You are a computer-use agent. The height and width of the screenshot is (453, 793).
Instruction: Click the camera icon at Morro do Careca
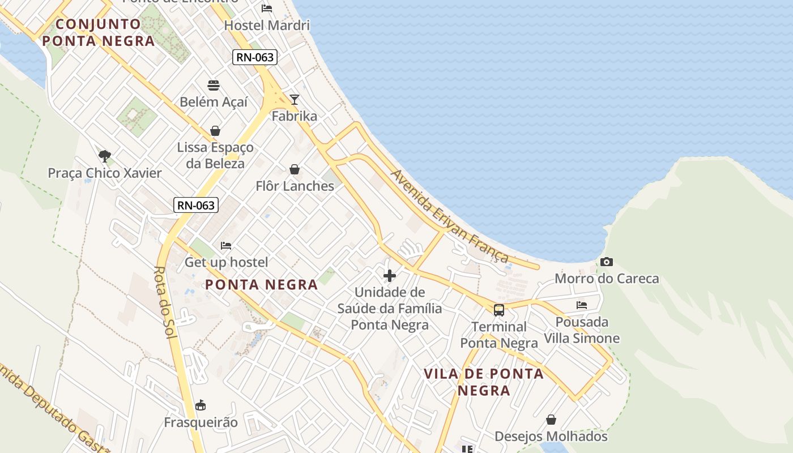[607, 262]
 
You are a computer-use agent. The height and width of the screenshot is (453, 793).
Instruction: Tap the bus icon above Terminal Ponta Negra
[498, 310]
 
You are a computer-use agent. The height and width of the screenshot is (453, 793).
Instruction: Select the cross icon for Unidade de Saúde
[390, 276]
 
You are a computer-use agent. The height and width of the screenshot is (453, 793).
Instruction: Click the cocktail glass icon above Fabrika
[295, 100]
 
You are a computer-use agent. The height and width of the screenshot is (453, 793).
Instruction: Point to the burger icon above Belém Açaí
[214, 86]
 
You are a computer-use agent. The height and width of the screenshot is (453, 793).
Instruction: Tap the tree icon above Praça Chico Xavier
[104, 156]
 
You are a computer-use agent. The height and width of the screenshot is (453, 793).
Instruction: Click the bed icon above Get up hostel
[226, 246]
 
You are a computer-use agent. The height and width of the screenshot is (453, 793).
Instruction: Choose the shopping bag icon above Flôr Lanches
[295, 169]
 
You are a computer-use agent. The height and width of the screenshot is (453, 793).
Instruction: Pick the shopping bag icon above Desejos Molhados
[551, 420]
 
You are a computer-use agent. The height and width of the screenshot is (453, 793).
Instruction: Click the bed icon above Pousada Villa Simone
[582, 305]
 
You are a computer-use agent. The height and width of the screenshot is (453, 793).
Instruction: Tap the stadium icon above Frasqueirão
[201, 405]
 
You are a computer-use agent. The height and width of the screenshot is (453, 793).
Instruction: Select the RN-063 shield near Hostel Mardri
[254, 57]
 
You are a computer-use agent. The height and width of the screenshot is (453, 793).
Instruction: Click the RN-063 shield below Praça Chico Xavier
[196, 205]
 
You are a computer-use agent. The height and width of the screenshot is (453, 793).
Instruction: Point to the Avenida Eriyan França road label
[450, 217]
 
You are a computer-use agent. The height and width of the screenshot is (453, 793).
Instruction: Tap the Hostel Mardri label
[267, 25]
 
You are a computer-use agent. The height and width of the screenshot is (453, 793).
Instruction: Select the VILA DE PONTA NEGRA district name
[484, 382]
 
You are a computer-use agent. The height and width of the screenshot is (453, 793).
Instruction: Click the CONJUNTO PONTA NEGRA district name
[99, 32]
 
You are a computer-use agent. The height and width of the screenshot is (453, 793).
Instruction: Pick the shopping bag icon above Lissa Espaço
[215, 131]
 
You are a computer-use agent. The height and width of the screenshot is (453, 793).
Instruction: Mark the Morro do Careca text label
[607, 279]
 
